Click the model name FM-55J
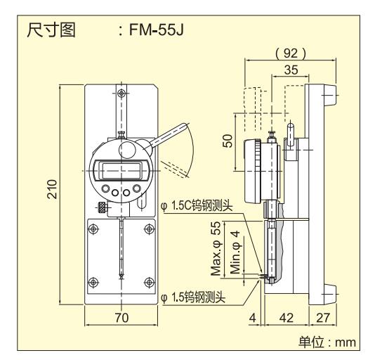point(156,30)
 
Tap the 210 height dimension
point(52,188)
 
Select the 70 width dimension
point(121,317)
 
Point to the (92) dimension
point(291,53)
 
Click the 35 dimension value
point(291,70)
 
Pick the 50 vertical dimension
point(228,141)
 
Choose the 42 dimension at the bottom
point(286,318)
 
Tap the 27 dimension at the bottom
point(323,318)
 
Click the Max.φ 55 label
point(216,248)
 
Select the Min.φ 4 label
point(235,252)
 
